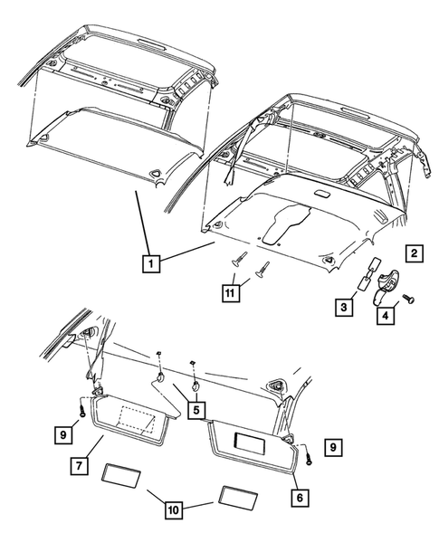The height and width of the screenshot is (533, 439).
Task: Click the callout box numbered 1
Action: coord(152,263)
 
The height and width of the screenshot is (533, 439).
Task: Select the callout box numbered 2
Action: coord(412,253)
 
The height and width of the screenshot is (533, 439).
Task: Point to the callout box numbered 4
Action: coord(384,316)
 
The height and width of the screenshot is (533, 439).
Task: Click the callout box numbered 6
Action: coord(296,496)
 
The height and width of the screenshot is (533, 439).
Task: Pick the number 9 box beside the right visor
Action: coord(334,445)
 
